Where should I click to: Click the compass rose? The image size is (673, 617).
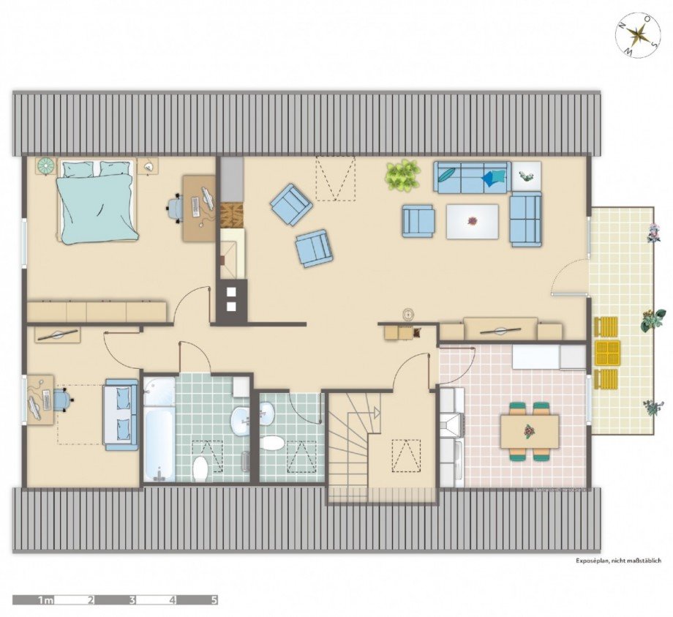(x=639, y=35)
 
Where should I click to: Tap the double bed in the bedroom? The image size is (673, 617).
(x=97, y=203)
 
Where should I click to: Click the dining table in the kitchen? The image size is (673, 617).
(x=530, y=431)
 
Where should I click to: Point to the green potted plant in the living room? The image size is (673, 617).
(x=403, y=176)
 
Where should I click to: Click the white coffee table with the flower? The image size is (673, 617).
(x=473, y=221)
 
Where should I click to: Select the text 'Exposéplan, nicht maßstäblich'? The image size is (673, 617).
(x=617, y=561)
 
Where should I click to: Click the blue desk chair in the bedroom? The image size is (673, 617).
(x=176, y=208)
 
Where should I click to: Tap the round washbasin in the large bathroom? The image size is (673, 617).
(x=240, y=422)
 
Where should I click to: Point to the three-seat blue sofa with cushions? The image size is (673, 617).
(x=471, y=176)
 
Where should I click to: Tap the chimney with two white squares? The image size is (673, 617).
(x=231, y=299)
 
